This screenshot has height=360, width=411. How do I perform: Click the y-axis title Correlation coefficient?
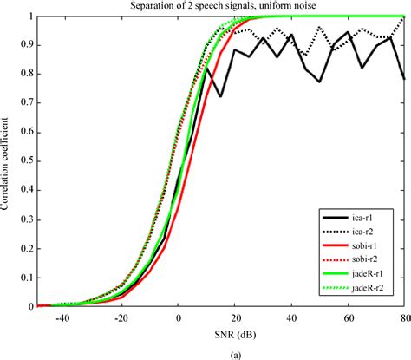click(9, 161)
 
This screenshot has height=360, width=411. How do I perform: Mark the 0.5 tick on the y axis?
click(25, 161)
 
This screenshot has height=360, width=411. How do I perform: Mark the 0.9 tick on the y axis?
click(25, 45)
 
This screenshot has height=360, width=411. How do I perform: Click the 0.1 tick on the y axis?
click(25, 278)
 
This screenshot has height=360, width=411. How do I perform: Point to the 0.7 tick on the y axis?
click(25, 103)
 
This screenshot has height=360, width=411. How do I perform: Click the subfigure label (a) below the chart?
click(220, 353)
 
